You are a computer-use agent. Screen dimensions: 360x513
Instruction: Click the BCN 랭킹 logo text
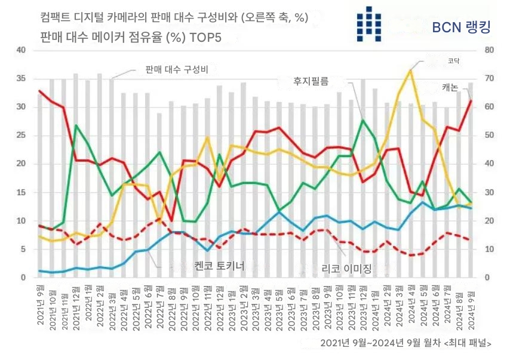click(x=460, y=27)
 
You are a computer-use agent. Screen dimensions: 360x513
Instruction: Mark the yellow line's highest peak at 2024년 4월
click(x=410, y=70)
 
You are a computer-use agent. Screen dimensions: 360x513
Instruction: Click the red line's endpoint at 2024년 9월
click(x=471, y=100)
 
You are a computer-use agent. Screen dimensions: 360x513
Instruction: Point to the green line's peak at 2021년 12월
click(x=76, y=125)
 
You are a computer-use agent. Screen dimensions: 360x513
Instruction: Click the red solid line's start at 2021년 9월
click(x=39, y=91)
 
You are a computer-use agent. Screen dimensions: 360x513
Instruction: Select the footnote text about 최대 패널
click(x=406, y=343)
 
